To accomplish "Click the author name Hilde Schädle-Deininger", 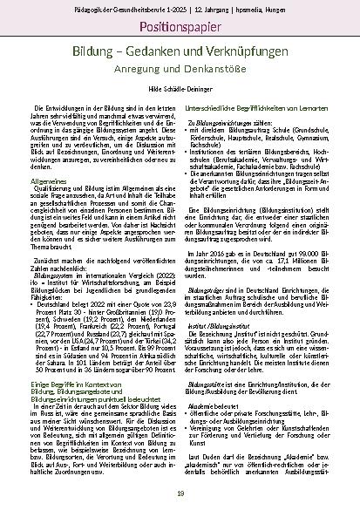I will (x=180, y=100).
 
